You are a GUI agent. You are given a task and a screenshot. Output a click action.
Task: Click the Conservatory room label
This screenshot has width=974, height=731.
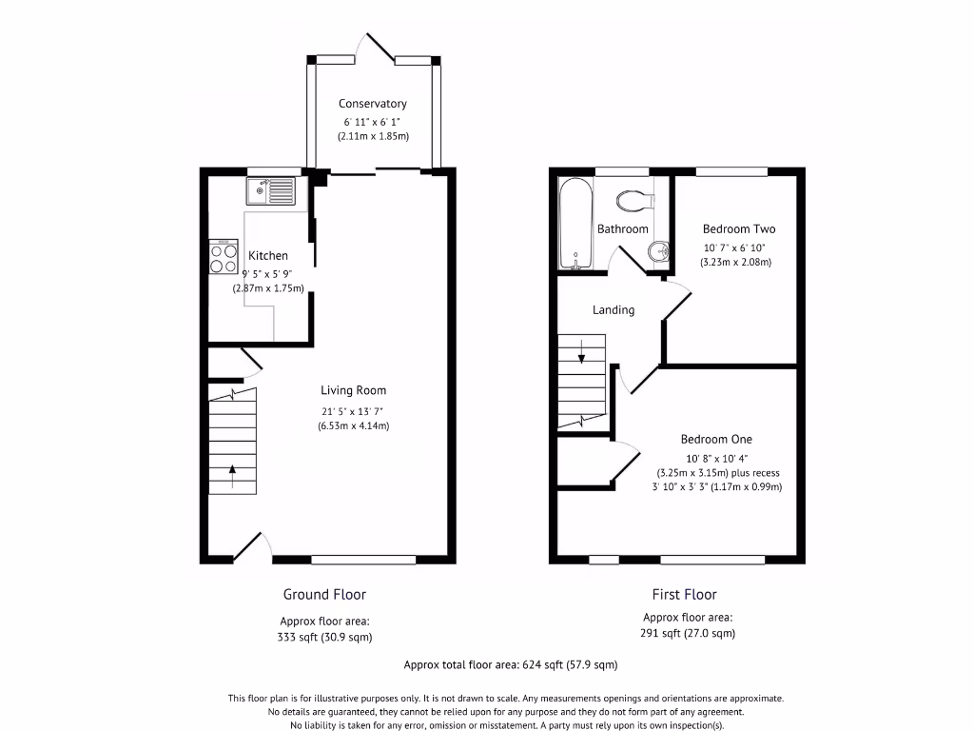tap(373, 104)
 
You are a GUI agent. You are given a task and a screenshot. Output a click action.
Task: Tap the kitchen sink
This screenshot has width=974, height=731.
tap(271, 191)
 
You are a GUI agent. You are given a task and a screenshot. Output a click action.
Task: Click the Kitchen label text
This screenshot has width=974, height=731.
tap(268, 255)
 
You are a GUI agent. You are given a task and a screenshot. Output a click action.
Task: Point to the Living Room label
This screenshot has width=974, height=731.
tap(353, 390)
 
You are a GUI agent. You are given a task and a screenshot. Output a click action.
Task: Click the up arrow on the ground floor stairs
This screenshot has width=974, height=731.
tap(232, 468)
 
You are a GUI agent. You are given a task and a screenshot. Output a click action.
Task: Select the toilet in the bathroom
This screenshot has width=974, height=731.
tap(634, 201)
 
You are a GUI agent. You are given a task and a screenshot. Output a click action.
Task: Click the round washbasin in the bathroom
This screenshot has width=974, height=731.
tap(657, 252)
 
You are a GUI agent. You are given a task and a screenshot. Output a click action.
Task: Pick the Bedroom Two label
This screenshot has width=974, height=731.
tap(739, 228)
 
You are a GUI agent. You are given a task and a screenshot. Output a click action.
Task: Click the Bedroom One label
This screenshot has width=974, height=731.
tap(716, 439)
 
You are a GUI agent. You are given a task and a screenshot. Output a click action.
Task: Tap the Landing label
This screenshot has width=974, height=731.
tap(614, 309)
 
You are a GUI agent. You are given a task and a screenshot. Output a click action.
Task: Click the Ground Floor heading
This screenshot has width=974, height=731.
tap(324, 594)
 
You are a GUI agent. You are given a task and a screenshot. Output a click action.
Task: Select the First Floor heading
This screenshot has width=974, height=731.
tap(684, 594)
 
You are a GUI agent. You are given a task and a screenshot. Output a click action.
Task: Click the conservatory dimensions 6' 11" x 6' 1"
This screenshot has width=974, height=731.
tap(373, 122)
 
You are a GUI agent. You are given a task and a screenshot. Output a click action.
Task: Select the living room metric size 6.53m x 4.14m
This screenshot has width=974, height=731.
tap(353, 425)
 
